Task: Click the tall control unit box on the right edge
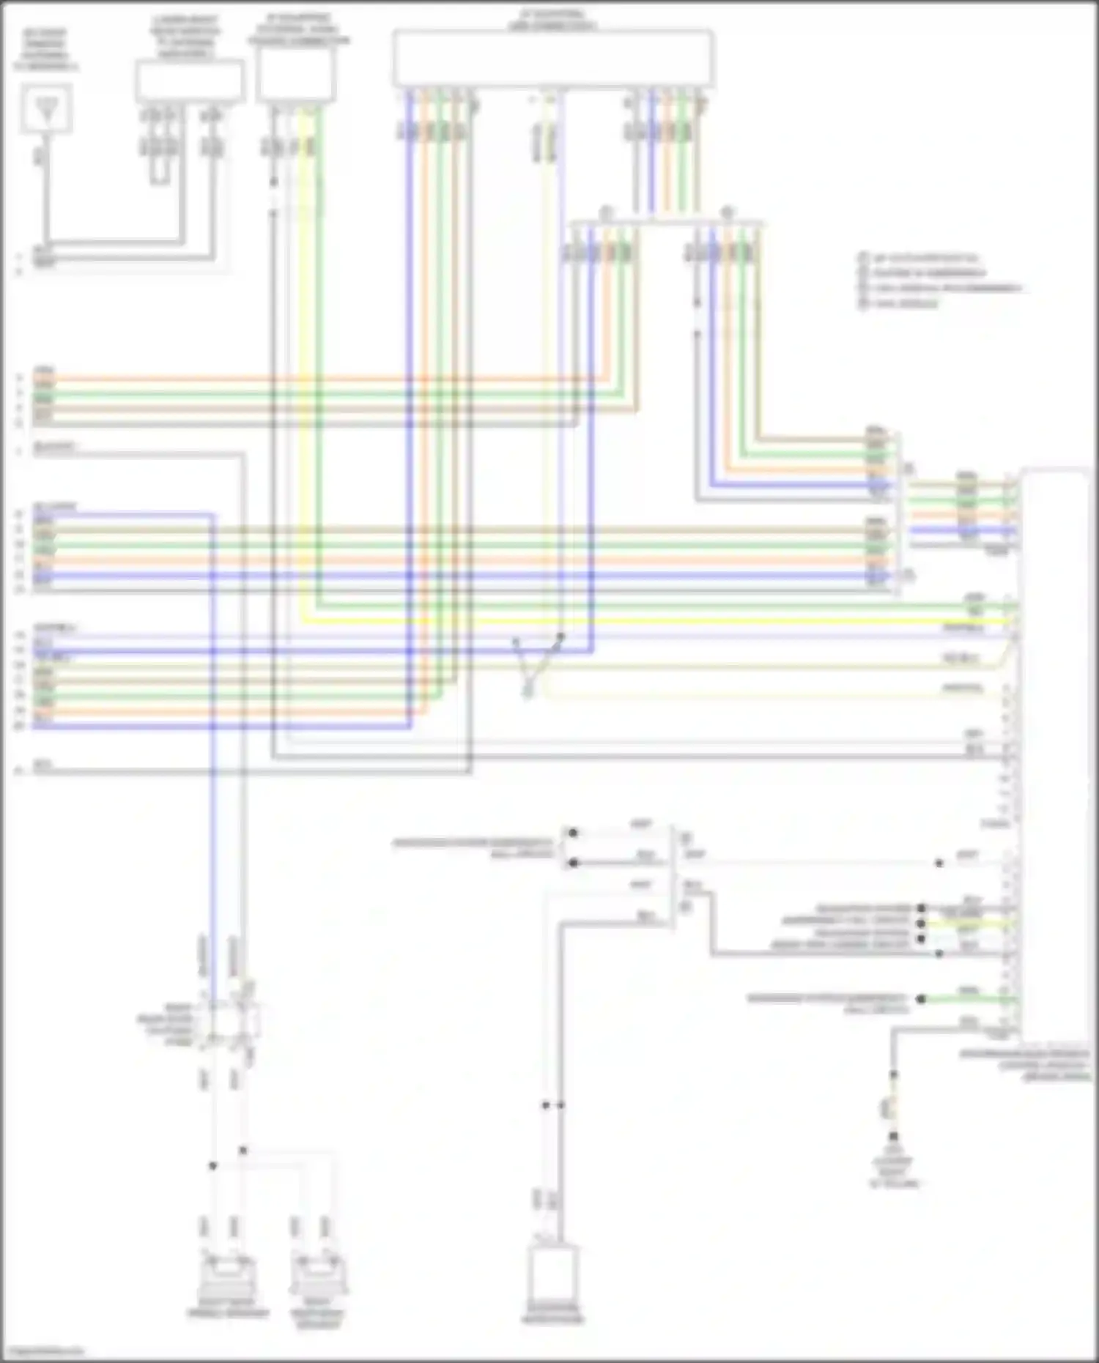click(1055, 754)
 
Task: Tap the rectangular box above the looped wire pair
click(189, 81)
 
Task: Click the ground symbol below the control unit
click(893, 1138)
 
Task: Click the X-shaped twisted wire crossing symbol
click(537, 663)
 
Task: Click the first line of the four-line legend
click(923, 259)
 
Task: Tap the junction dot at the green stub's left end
click(921, 999)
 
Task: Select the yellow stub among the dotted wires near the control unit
click(967, 924)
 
